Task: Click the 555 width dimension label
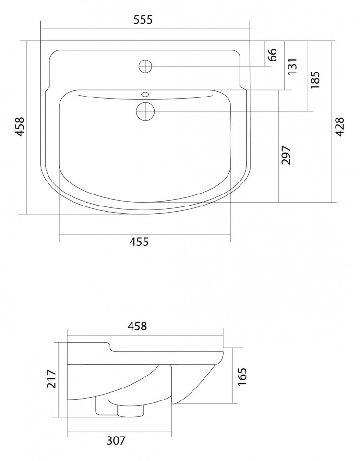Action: tap(143, 20)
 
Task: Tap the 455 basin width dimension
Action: tap(139, 242)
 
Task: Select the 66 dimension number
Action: tap(273, 55)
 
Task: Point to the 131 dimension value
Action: tap(292, 66)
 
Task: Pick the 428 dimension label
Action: tap(339, 127)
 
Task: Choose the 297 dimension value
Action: tap(286, 155)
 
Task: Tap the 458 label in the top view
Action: tap(19, 127)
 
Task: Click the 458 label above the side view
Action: tap(137, 326)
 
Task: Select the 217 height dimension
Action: tap(51, 379)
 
